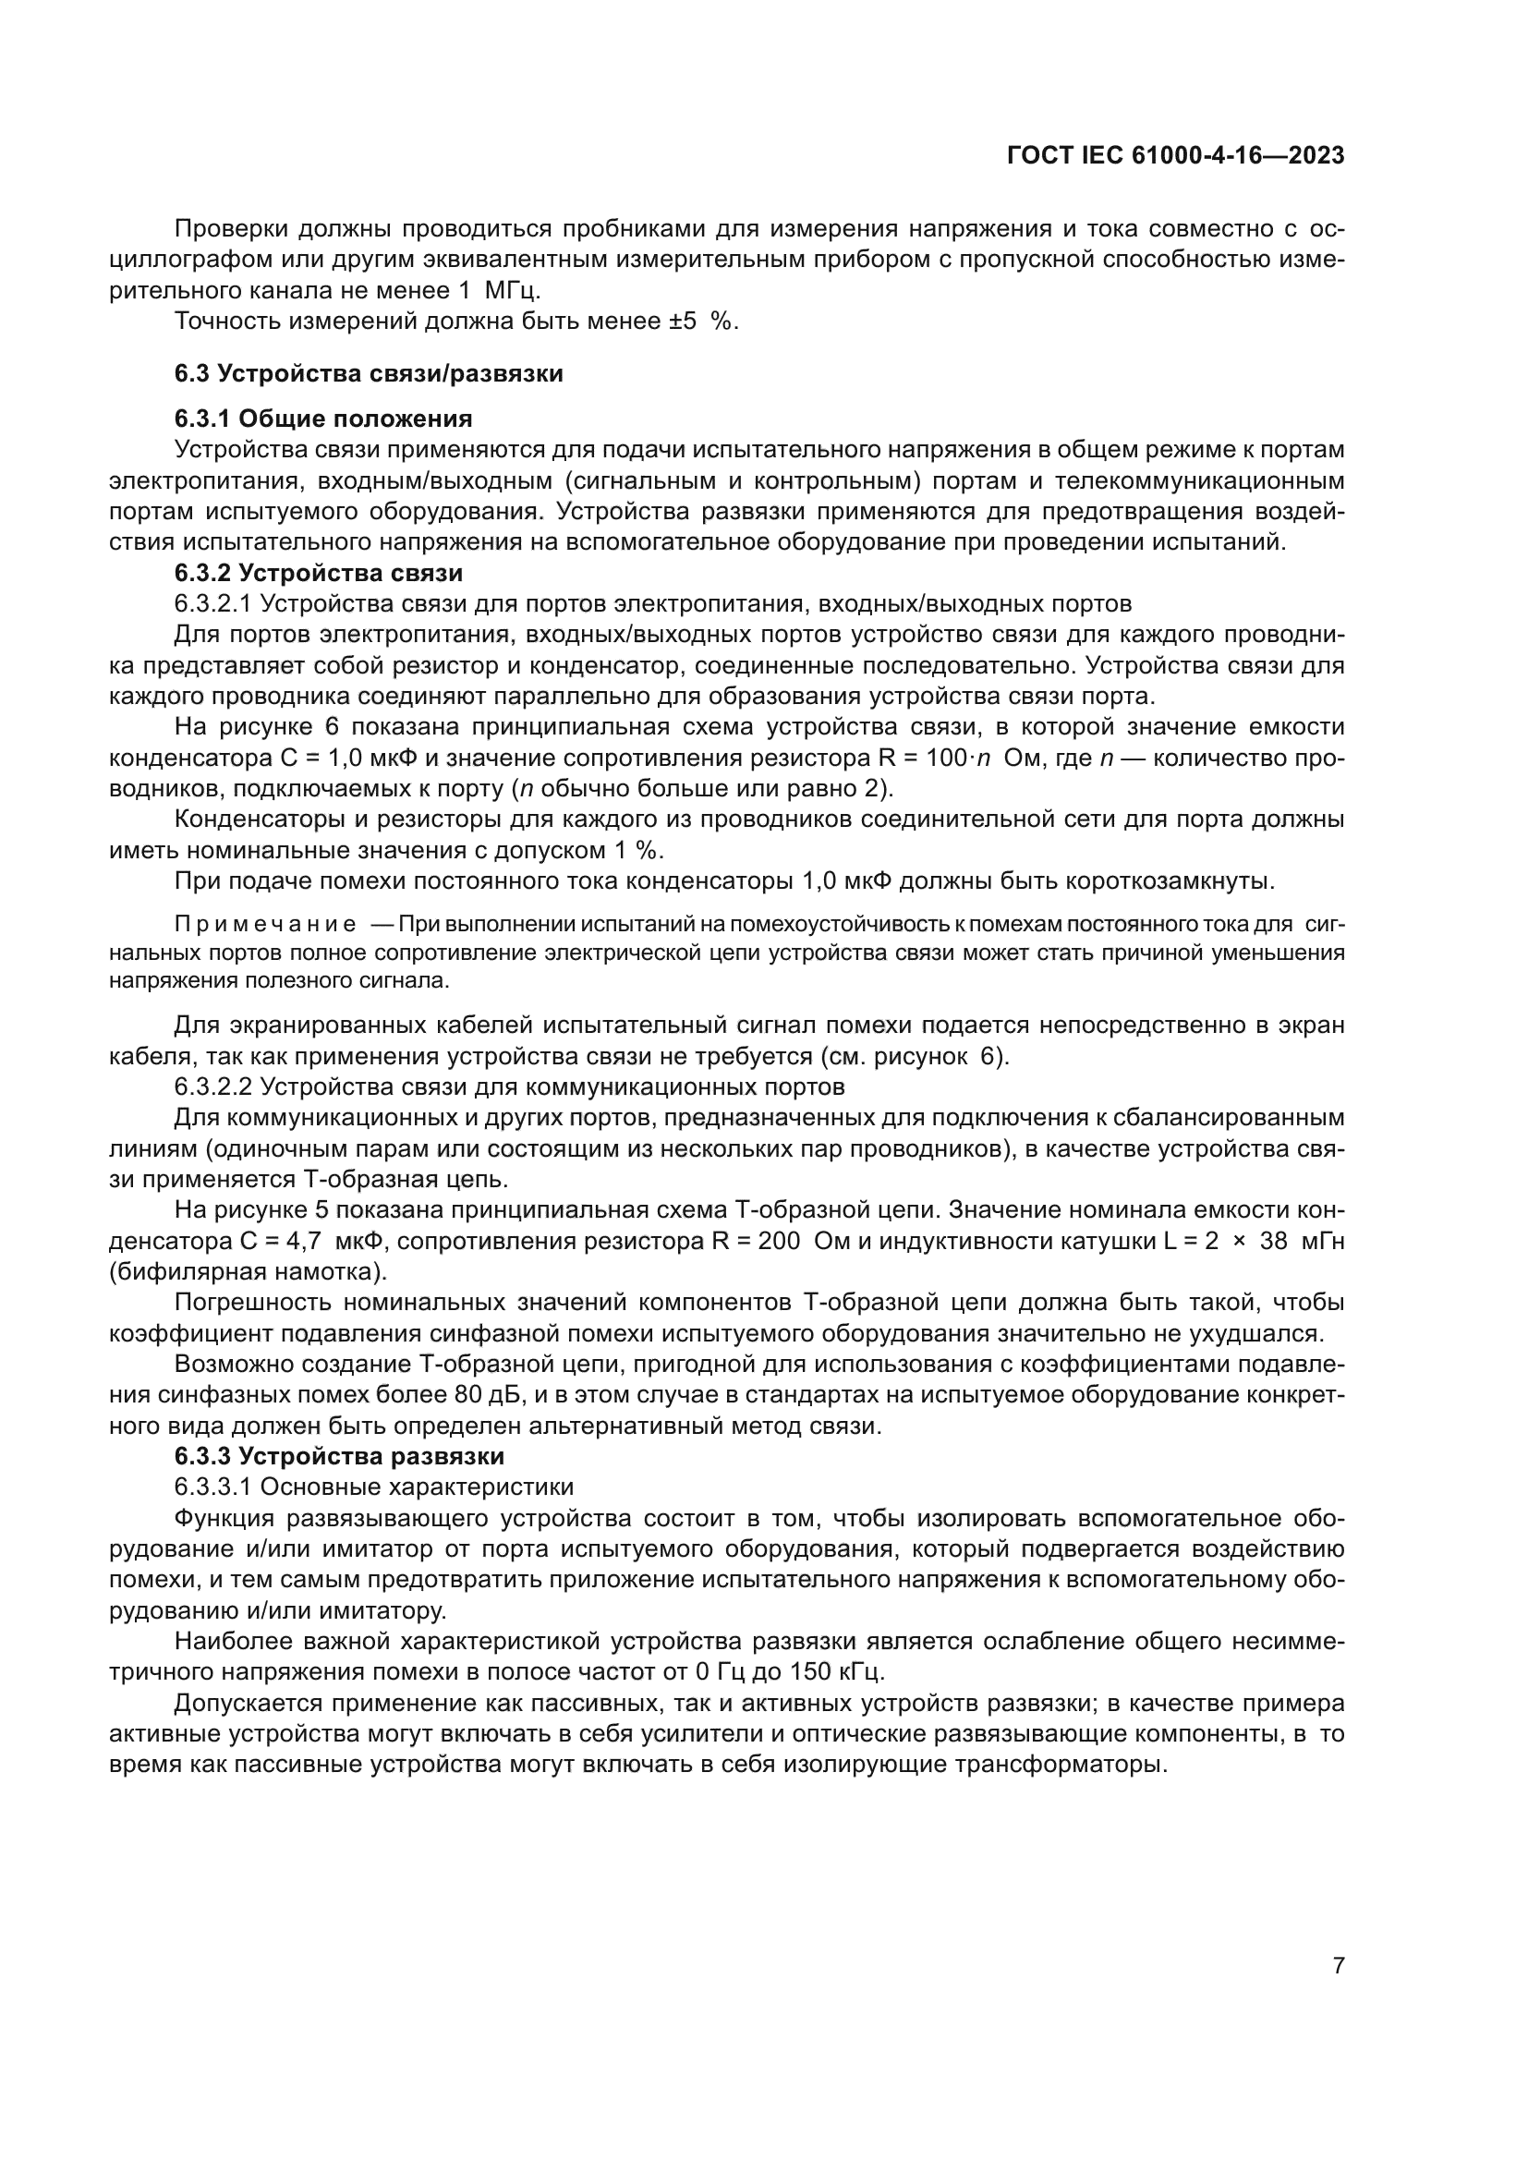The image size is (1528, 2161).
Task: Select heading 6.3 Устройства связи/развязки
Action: coord(368,373)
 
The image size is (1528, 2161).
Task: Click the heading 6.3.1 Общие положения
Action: coord(322,418)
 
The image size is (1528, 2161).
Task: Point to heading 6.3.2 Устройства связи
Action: coord(318,572)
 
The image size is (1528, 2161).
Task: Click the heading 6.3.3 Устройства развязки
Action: coord(339,1456)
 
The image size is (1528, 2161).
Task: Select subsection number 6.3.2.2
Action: coord(212,1087)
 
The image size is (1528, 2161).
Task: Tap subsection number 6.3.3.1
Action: coord(212,1487)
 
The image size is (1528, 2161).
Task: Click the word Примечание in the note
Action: coord(265,925)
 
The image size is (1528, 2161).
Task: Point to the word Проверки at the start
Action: coord(232,229)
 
